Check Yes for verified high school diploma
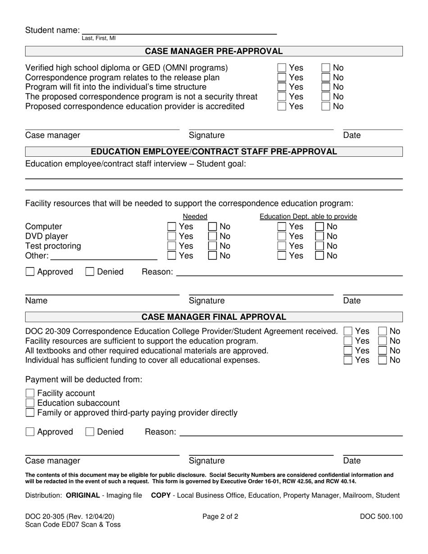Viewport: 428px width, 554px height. tap(282, 68)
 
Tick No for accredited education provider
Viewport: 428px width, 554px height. tap(326, 107)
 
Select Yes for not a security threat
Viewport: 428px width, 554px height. tap(282, 97)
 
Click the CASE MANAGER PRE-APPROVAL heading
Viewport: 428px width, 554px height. tap(214, 51)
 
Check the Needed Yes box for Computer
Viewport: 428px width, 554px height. tap(172, 227)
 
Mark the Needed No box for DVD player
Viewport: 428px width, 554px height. tap(213, 236)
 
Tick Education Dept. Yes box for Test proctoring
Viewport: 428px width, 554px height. tap(282, 246)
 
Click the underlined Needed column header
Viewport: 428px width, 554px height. tap(195, 217)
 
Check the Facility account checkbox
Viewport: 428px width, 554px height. tap(30, 393)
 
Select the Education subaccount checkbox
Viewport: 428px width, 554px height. tap(30, 403)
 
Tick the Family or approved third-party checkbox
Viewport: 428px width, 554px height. tap(30, 413)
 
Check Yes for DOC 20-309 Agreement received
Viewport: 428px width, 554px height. tap(348, 331)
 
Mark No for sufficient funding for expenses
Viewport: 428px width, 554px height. tap(382, 360)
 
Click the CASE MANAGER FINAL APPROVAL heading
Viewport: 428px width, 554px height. tap(214, 317)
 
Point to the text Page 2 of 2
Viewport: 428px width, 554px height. tap(220, 517)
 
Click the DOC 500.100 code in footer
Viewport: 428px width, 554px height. tap(381, 517)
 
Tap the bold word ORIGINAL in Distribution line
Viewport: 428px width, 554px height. tap(83, 495)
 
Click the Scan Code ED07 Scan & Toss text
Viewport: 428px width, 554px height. tap(73, 525)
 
